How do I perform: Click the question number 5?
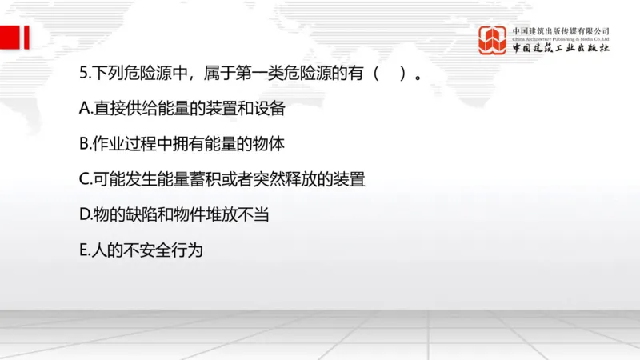coord(83,74)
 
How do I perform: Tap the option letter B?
coord(84,145)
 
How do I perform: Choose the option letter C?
coord(84,180)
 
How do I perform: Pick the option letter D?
coord(84,215)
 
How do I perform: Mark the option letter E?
coord(83,250)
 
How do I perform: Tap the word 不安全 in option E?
coord(148,250)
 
